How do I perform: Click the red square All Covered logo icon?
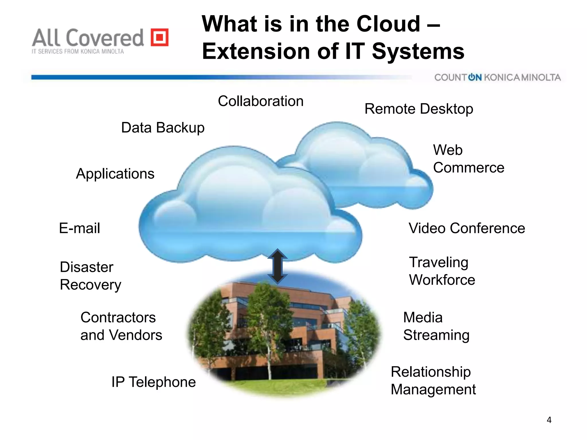[160, 37]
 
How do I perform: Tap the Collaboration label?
[261, 101]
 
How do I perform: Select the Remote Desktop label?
[418, 109]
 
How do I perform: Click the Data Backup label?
[163, 128]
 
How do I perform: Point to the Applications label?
[115, 174]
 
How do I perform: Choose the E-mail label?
[79, 228]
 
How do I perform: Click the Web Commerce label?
[468, 159]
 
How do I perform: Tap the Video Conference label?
[467, 228]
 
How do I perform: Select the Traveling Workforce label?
[442, 271]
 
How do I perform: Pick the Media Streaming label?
[436, 326]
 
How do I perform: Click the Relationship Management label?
[433, 381]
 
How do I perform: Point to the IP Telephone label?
[154, 382]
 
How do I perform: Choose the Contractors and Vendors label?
[121, 326]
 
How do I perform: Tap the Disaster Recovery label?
[90, 276]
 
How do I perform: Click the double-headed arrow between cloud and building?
[277, 266]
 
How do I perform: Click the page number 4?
[549, 420]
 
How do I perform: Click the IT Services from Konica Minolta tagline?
[78, 52]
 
